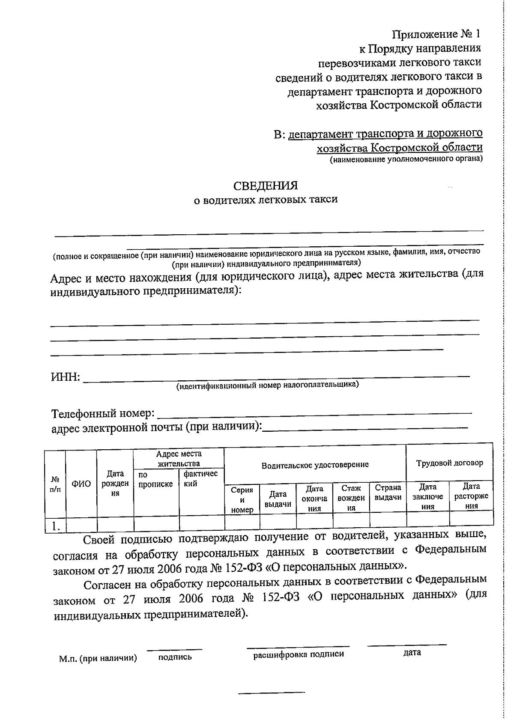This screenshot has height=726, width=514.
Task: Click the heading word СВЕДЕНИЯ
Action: (x=265, y=185)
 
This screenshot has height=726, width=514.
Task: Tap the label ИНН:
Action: (x=65, y=378)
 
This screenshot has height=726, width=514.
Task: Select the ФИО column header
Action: (x=81, y=484)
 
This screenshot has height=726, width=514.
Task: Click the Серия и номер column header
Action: (x=242, y=500)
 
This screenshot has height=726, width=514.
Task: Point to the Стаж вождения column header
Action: (x=351, y=498)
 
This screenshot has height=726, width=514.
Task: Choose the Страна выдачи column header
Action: (x=388, y=493)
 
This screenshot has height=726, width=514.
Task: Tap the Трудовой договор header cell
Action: (x=449, y=463)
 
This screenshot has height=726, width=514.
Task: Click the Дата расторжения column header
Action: (x=471, y=496)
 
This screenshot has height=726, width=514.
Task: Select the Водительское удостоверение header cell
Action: (x=315, y=465)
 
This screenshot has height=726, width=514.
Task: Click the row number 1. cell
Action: (x=55, y=526)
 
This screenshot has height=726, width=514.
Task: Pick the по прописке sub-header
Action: (x=155, y=480)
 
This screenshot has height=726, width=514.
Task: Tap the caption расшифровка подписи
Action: (x=298, y=654)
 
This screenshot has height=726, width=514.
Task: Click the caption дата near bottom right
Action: (x=412, y=653)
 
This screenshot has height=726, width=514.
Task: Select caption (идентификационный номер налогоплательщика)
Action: (x=268, y=385)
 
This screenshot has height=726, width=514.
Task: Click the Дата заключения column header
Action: (x=427, y=496)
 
